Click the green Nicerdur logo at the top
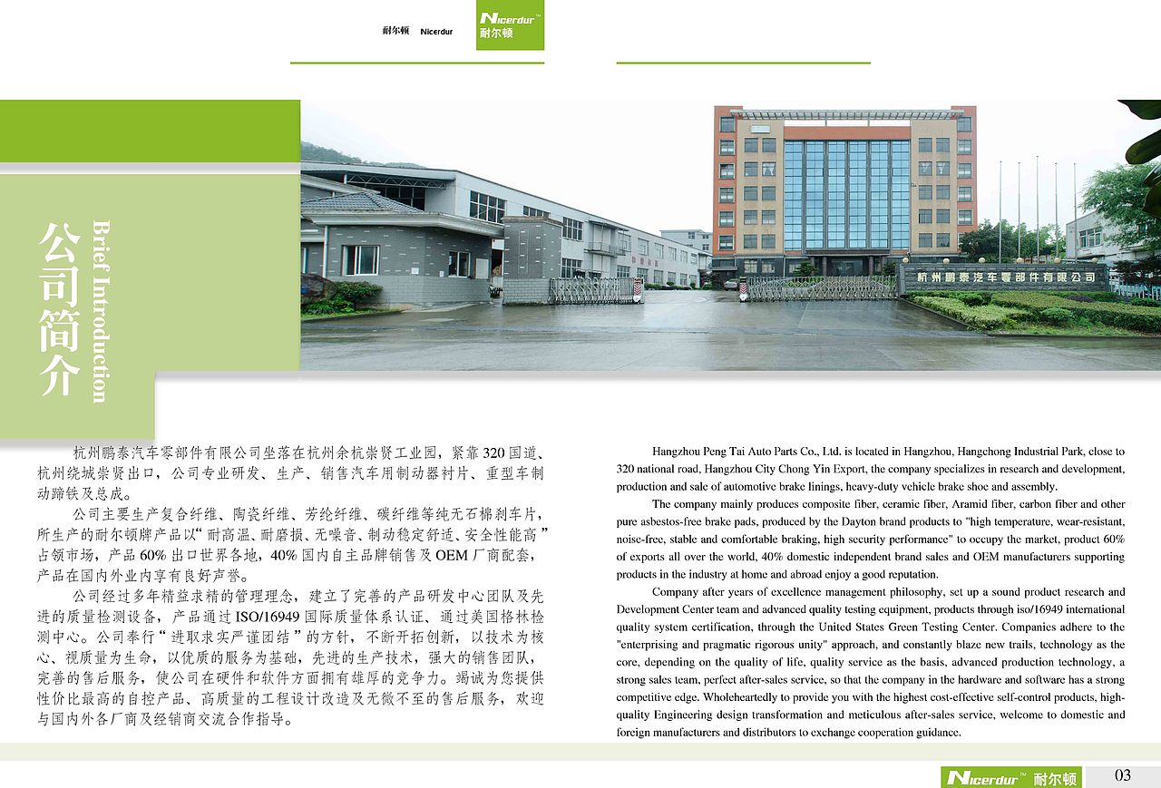click(510, 24)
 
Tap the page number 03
click(1123, 775)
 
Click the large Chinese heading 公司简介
click(59, 308)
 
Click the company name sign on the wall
click(1005, 277)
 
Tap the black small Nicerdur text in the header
click(436, 32)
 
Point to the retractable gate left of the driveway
click(594, 290)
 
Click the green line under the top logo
click(417, 63)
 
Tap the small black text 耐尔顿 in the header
click(395, 32)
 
